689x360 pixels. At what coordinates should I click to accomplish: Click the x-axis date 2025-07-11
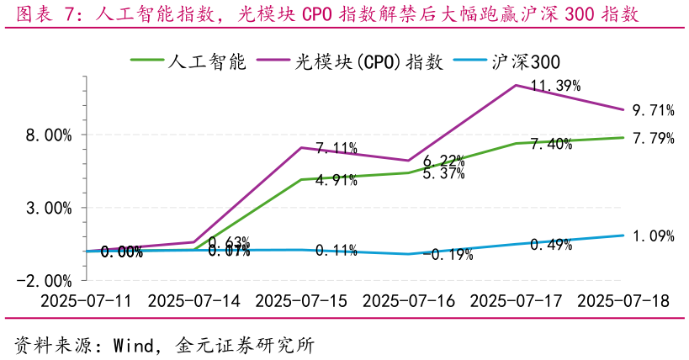(87, 300)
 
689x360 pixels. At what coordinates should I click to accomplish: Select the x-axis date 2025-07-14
(194, 300)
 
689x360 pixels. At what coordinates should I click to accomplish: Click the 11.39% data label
(556, 85)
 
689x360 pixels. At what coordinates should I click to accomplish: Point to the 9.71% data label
(653, 110)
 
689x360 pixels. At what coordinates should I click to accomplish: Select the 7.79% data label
(653, 139)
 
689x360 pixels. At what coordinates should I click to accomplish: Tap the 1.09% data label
(653, 236)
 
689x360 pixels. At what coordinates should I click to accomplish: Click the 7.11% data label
(337, 149)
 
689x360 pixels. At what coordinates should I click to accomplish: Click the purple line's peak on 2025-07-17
(516, 85)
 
